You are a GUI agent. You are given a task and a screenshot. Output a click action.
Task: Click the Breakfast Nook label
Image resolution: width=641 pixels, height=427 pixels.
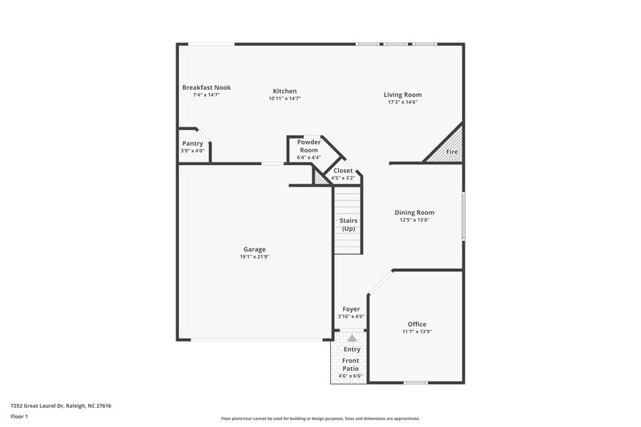click(207, 87)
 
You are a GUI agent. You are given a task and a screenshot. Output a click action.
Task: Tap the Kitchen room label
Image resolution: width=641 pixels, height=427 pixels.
click(284, 91)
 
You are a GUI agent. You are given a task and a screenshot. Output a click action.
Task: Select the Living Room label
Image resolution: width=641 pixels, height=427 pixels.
click(401, 95)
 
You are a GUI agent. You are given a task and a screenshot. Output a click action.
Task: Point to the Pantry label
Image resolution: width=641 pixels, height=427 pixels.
click(192, 143)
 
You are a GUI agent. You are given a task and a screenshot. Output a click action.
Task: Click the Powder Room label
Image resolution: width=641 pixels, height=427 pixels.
click(308, 146)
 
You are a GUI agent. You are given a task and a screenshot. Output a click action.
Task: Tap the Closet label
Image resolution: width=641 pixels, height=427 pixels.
click(343, 171)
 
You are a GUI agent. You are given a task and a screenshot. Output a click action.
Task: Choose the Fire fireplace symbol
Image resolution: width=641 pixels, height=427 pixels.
click(452, 151)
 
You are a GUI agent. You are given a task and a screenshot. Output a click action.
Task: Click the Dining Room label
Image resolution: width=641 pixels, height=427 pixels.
click(414, 212)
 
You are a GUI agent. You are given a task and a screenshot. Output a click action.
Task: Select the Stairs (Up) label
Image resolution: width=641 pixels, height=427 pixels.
click(349, 224)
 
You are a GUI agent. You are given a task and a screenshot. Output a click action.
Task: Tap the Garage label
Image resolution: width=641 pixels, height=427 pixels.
click(254, 249)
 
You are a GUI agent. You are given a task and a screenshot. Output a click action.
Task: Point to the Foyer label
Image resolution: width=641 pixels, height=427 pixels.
click(351, 308)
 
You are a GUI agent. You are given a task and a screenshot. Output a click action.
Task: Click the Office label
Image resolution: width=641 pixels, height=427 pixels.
click(417, 324)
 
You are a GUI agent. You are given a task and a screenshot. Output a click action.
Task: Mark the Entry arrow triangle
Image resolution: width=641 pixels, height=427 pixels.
click(351, 338)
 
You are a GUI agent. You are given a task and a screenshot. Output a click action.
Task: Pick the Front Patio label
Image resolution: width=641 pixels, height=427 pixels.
click(352, 365)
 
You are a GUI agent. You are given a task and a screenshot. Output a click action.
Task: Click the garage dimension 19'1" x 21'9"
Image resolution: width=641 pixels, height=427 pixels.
click(254, 257)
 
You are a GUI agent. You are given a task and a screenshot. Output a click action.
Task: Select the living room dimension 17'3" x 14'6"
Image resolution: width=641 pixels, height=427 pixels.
click(401, 102)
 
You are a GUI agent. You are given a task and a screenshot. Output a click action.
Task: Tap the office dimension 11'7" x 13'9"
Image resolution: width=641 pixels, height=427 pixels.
click(417, 332)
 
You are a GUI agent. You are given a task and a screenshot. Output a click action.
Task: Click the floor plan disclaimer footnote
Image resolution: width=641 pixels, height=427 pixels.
click(320, 418)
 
